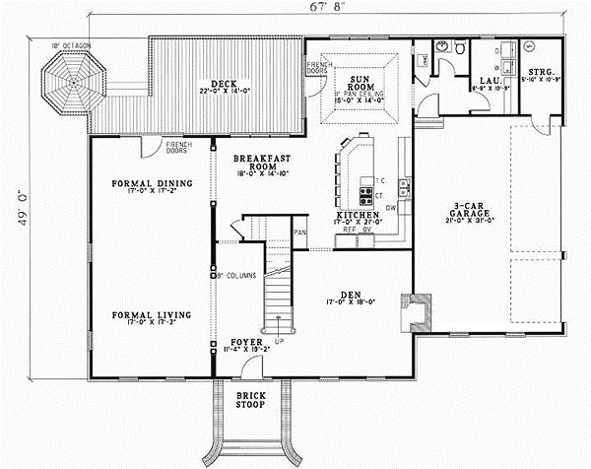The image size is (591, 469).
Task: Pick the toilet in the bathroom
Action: tap(459, 49)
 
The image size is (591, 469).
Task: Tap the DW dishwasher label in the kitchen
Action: tap(391, 207)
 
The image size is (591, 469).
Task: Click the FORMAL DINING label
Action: tap(151, 184)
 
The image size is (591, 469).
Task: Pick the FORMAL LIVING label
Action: tap(151, 315)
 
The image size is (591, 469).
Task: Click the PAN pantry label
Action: tap(300, 233)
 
